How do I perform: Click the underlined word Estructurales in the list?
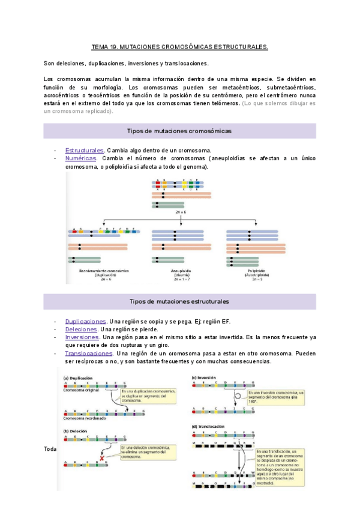pyautogui.click(x=85, y=150)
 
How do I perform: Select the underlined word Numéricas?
pyautogui.click(x=80, y=158)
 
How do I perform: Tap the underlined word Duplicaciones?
pyautogui.click(x=86, y=321)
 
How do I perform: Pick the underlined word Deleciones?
pyautogui.click(x=81, y=330)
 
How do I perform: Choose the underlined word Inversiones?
pyautogui.click(x=82, y=337)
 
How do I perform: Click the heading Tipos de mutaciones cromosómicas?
pyautogui.click(x=179, y=131)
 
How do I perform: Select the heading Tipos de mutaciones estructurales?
pyautogui.click(x=179, y=301)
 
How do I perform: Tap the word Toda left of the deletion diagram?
pyautogui.click(x=50, y=449)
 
